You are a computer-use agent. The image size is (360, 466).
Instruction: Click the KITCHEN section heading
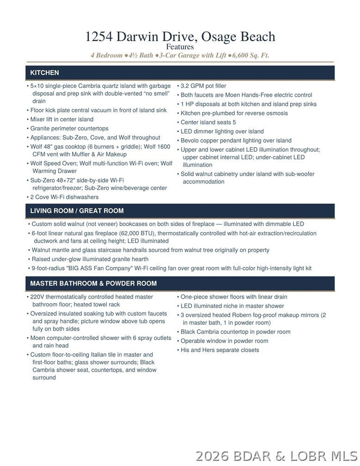coord(44,73)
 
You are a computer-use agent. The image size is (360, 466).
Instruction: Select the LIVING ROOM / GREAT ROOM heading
coord(77,211)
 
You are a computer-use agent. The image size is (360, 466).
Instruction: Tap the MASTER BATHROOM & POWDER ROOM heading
coord(93,283)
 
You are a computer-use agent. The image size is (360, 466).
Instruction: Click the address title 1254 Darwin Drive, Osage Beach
coord(180,37)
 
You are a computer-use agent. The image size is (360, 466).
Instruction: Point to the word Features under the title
coord(180,47)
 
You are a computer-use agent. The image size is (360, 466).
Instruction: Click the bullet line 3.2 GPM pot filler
coord(203,86)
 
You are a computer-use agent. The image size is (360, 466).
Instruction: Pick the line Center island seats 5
coord(208,123)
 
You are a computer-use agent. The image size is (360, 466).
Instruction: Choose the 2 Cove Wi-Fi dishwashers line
coord(64,197)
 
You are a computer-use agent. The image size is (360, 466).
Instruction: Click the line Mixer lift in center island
coord(62,119)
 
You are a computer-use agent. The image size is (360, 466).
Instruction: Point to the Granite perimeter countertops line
coord(69,129)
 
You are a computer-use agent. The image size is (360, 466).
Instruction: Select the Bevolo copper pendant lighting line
coord(236,141)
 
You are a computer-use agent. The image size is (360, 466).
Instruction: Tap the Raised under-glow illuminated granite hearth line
coord(90,259)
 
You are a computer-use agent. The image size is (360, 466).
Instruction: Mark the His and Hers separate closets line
coord(220,350)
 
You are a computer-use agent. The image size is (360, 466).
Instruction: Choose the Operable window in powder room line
coord(224,341)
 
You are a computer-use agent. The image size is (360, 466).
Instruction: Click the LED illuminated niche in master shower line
coord(232,306)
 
